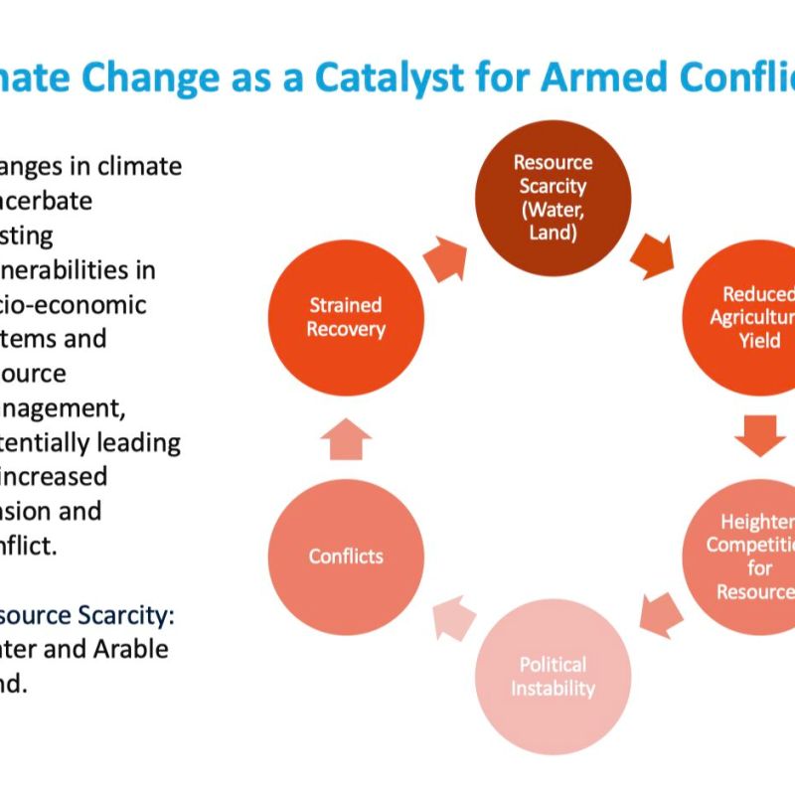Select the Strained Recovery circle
[345, 317]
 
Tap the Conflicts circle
[346, 556]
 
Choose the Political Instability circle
[553, 676]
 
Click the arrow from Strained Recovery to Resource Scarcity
[444, 259]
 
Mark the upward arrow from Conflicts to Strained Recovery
[346, 437]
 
